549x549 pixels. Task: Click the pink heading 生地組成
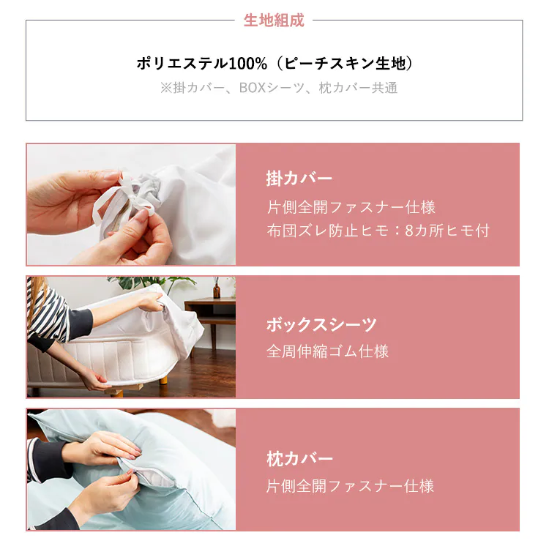point(274,20)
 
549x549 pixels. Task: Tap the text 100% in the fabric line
point(247,64)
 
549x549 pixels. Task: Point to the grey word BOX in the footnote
point(252,88)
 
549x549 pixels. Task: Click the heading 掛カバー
point(299,178)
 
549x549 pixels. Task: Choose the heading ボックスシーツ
point(321,324)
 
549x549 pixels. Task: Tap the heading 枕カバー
point(299,459)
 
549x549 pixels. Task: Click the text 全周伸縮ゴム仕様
point(327,351)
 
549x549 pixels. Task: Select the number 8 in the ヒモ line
point(409,231)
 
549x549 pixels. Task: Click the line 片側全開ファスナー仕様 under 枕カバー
point(350,486)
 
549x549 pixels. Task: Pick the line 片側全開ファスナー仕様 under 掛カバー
point(351,207)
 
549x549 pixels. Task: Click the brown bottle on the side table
point(217,288)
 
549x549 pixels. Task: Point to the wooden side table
point(211,317)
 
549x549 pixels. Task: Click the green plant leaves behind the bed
point(154,283)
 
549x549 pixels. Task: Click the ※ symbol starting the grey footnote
point(166,88)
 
